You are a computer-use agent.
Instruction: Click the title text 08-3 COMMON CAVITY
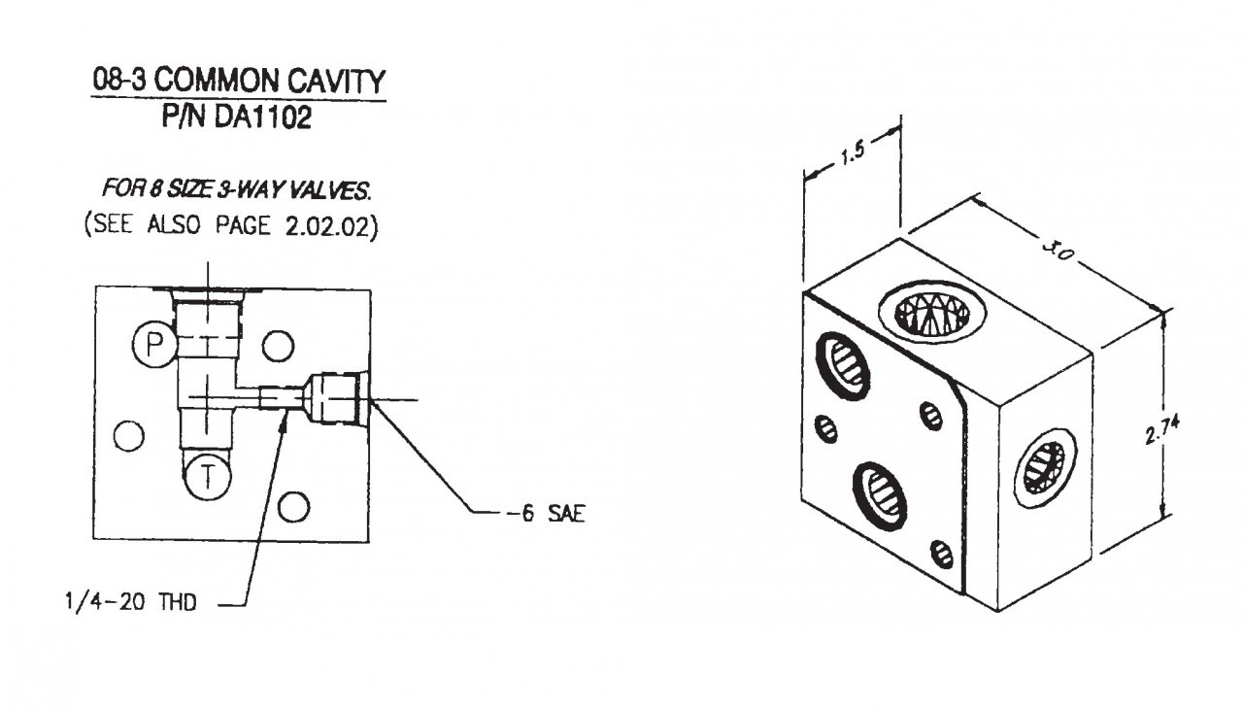(238, 81)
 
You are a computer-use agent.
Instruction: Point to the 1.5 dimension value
(853, 154)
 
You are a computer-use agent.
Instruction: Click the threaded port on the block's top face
(931, 313)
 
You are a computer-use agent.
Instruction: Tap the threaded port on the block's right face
(1045, 468)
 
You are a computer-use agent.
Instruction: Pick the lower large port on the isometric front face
(880, 493)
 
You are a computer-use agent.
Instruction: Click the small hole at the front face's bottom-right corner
(941, 554)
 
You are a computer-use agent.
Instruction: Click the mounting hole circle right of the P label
(278, 344)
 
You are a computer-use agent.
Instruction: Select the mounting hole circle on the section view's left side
(128, 437)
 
